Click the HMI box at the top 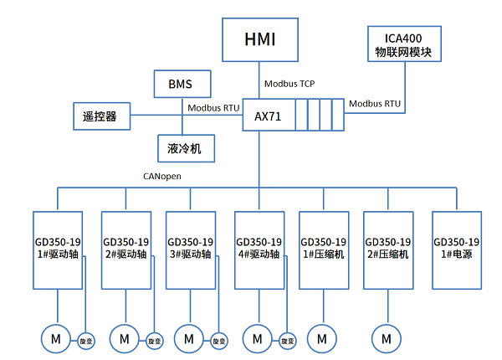tap(259, 40)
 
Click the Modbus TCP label tap(289, 84)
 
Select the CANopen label tap(163, 177)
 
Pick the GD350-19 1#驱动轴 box tap(57, 248)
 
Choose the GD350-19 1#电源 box tap(456, 248)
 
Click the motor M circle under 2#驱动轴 tap(124, 339)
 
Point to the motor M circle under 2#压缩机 tap(387, 339)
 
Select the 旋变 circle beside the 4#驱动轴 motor tap(287, 341)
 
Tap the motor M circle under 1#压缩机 tap(321, 339)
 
